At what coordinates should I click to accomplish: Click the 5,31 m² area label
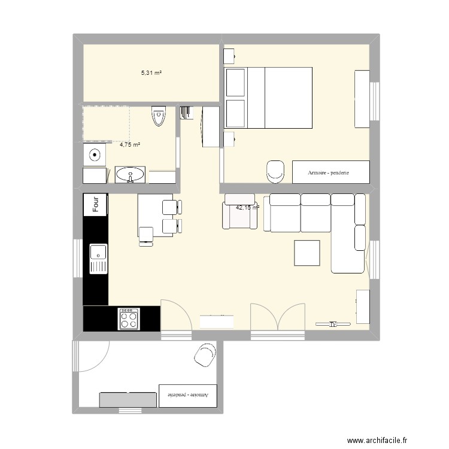151,73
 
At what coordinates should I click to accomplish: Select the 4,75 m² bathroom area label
129,145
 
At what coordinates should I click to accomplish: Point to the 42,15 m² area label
248,208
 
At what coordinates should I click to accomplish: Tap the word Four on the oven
96,205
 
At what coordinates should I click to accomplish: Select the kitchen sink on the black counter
98,258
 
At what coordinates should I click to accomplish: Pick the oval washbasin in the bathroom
129,175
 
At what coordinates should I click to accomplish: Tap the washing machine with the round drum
94,156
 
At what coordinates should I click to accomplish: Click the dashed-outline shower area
106,123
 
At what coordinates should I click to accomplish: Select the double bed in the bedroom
268,98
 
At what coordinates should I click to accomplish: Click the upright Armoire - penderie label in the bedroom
328,172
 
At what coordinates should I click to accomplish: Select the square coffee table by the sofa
307,252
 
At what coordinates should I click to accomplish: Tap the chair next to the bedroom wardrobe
275,170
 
